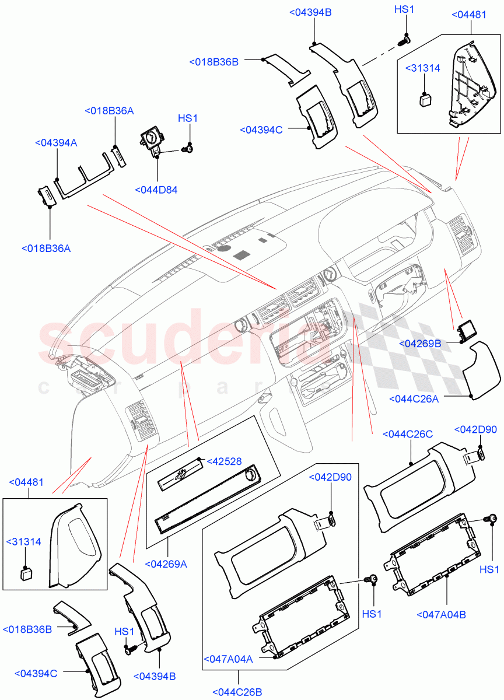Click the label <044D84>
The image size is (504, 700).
point(156,190)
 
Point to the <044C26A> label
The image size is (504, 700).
point(413,399)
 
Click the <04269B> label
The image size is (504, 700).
point(420,344)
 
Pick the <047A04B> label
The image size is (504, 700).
point(442,614)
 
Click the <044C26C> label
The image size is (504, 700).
point(408,434)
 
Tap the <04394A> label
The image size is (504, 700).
point(56,142)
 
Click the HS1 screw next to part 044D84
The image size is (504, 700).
point(188,149)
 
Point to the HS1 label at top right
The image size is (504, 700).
point(404,9)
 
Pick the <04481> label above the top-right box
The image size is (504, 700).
point(469,15)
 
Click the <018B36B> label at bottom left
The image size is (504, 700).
point(26,630)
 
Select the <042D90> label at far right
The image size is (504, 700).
point(475,430)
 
